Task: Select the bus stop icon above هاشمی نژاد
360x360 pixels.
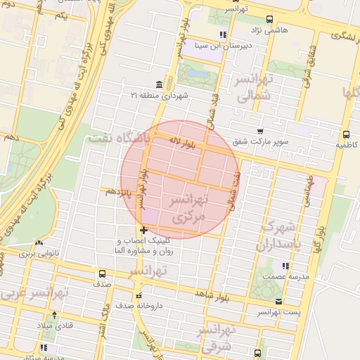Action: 269,20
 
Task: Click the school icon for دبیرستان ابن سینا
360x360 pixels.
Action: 223,34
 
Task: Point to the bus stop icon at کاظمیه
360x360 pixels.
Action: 346,134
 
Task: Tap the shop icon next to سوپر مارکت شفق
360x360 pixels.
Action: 260,131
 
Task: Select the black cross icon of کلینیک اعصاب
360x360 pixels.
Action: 143,230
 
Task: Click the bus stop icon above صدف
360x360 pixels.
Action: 102,274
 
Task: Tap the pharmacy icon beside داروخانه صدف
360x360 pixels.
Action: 139,295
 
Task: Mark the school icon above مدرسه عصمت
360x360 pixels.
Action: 285,266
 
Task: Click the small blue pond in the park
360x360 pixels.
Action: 198,73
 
